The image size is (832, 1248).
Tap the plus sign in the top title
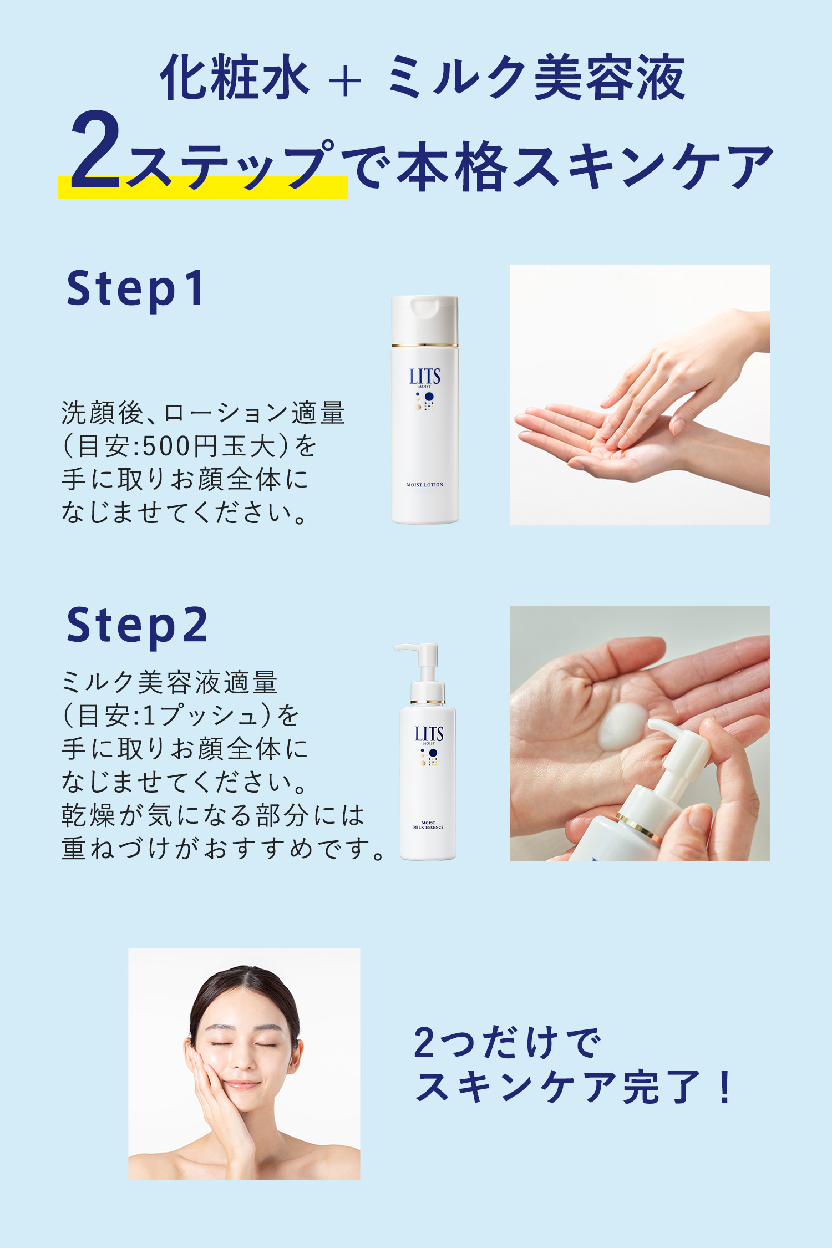[344, 82]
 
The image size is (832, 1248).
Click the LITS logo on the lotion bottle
[424, 377]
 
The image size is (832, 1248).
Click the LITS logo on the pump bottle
[429, 734]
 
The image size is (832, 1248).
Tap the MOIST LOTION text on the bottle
[425, 485]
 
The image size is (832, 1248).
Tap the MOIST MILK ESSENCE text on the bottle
[428, 825]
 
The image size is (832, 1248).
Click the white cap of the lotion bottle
[425, 319]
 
